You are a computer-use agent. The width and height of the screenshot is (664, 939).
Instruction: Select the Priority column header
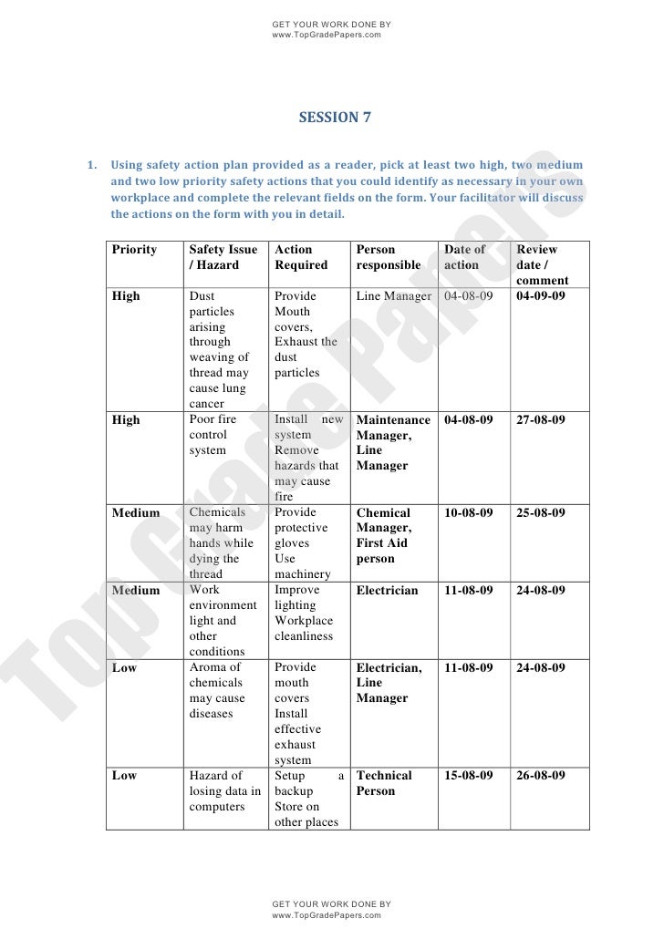pyautogui.click(x=134, y=250)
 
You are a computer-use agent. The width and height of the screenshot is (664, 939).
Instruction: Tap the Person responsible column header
pyautogui.click(x=389, y=257)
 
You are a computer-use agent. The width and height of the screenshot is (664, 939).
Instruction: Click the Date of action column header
pyautogui.click(x=465, y=257)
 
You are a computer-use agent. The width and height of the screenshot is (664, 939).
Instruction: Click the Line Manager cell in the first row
pyautogui.click(x=393, y=296)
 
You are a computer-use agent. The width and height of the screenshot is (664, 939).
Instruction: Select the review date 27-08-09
pyautogui.click(x=541, y=420)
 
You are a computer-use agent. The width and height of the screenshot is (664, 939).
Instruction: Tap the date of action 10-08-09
pyautogui.click(x=468, y=513)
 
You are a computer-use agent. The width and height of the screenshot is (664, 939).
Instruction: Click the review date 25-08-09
pyautogui.click(x=541, y=513)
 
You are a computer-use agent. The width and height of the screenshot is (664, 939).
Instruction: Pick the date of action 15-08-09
pyautogui.click(x=468, y=776)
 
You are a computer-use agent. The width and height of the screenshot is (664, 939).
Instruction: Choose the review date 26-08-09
pyautogui.click(x=541, y=776)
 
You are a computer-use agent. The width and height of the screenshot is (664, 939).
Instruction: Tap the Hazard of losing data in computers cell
pyautogui.click(x=224, y=790)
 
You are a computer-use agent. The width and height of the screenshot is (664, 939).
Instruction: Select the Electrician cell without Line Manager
pyautogui.click(x=387, y=591)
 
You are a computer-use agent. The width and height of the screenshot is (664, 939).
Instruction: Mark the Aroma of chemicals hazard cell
pyautogui.click(x=216, y=690)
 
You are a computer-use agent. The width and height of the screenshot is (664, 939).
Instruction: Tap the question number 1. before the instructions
pyautogui.click(x=91, y=166)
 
